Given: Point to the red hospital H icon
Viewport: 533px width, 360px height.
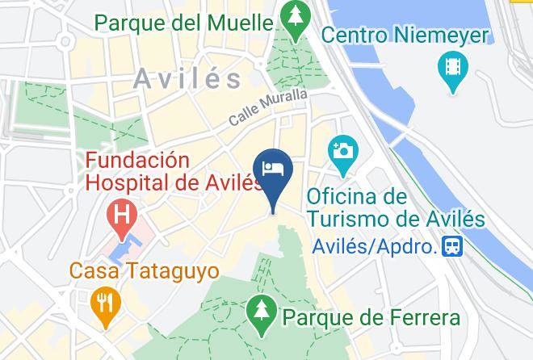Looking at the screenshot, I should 123,216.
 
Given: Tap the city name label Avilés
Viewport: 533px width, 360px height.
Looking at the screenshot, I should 188,79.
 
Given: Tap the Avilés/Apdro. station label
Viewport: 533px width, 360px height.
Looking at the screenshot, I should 374,245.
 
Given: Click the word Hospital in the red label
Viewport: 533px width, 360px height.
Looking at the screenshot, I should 128,183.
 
